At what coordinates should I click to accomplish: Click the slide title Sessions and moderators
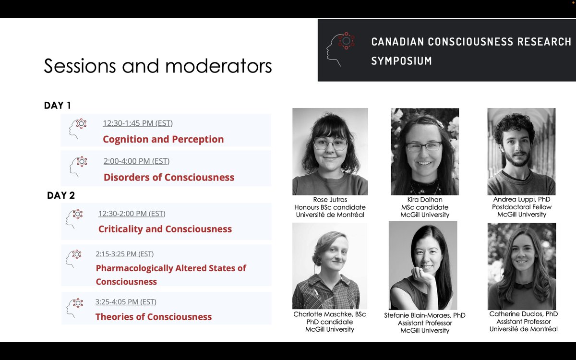pos(158,66)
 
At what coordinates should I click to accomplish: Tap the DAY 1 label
pos(58,106)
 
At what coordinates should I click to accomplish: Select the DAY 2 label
pos(61,195)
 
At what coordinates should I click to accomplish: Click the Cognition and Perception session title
pos(163,139)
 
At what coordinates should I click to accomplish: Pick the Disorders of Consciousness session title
pos(169,177)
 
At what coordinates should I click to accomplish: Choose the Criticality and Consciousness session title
pos(165,229)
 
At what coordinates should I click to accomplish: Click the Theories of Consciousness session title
pos(154,316)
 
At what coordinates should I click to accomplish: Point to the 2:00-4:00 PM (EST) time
pos(136,161)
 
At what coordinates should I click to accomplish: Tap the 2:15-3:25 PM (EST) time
pos(125,254)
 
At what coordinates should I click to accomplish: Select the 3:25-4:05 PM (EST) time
pos(126,302)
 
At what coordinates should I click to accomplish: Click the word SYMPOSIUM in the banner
pos(401,61)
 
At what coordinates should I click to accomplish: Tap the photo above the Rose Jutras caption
pos(330,151)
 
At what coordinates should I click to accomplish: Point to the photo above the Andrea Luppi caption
pos(521,151)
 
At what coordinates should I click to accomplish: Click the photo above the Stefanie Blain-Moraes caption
pos(423,265)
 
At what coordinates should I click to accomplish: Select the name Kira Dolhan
pos(425,199)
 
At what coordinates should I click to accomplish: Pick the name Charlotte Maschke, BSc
pos(330,314)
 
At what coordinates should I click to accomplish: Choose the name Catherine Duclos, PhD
pos(523,314)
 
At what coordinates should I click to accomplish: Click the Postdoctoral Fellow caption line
pos(522,207)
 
